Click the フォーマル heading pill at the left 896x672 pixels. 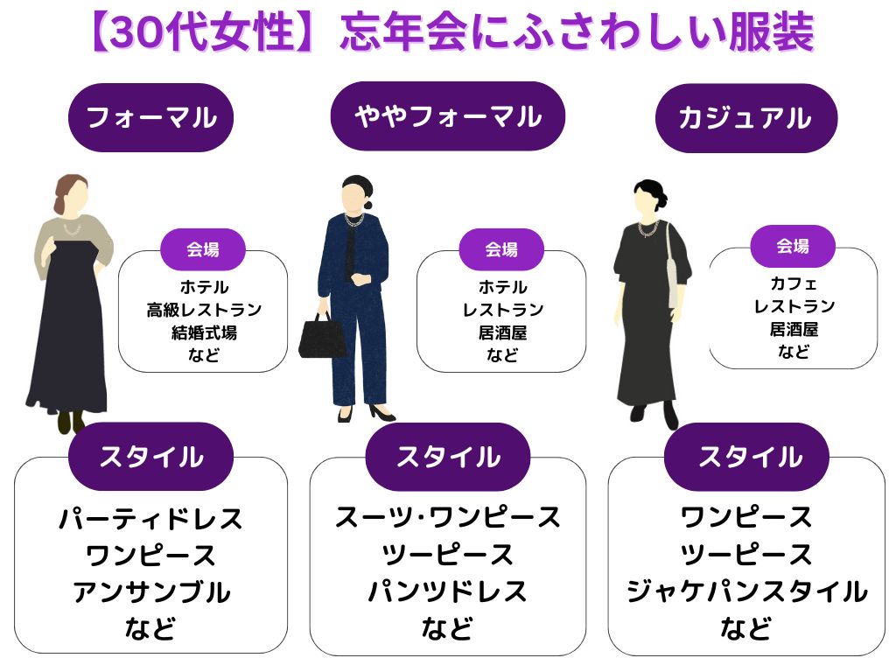click(x=150, y=117)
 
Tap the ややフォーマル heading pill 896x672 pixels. click(x=447, y=116)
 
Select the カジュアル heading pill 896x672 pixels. click(x=745, y=118)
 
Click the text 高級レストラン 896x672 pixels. click(x=203, y=310)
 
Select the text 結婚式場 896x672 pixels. click(x=203, y=332)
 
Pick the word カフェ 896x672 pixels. click(x=794, y=283)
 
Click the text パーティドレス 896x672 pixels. click(x=150, y=519)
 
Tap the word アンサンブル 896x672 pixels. click(x=150, y=592)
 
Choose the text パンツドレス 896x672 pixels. click(x=447, y=592)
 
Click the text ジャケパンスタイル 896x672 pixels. click(x=745, y=592)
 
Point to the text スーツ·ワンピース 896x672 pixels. click(x=447, y=518)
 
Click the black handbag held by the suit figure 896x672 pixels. click(x=322, y=337)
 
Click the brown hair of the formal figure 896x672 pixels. click(x=70, y=192)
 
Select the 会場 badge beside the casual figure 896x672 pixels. click(x=793, y=247)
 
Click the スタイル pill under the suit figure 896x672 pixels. click(x=447, y=457)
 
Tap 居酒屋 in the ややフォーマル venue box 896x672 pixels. click(x=502, y=332)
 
